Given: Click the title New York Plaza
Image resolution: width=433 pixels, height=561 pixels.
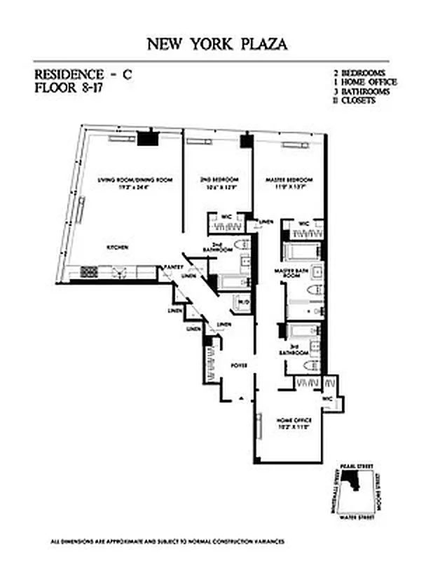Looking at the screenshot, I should pos(216,44).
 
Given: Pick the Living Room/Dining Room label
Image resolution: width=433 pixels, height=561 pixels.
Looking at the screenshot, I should pos(135,181).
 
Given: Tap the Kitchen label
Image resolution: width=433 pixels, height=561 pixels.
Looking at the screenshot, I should pos(116,248).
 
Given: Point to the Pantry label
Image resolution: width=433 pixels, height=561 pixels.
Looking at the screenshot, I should pos(173,267).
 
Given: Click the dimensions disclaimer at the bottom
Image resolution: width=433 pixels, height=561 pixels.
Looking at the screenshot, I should pos(167,541).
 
